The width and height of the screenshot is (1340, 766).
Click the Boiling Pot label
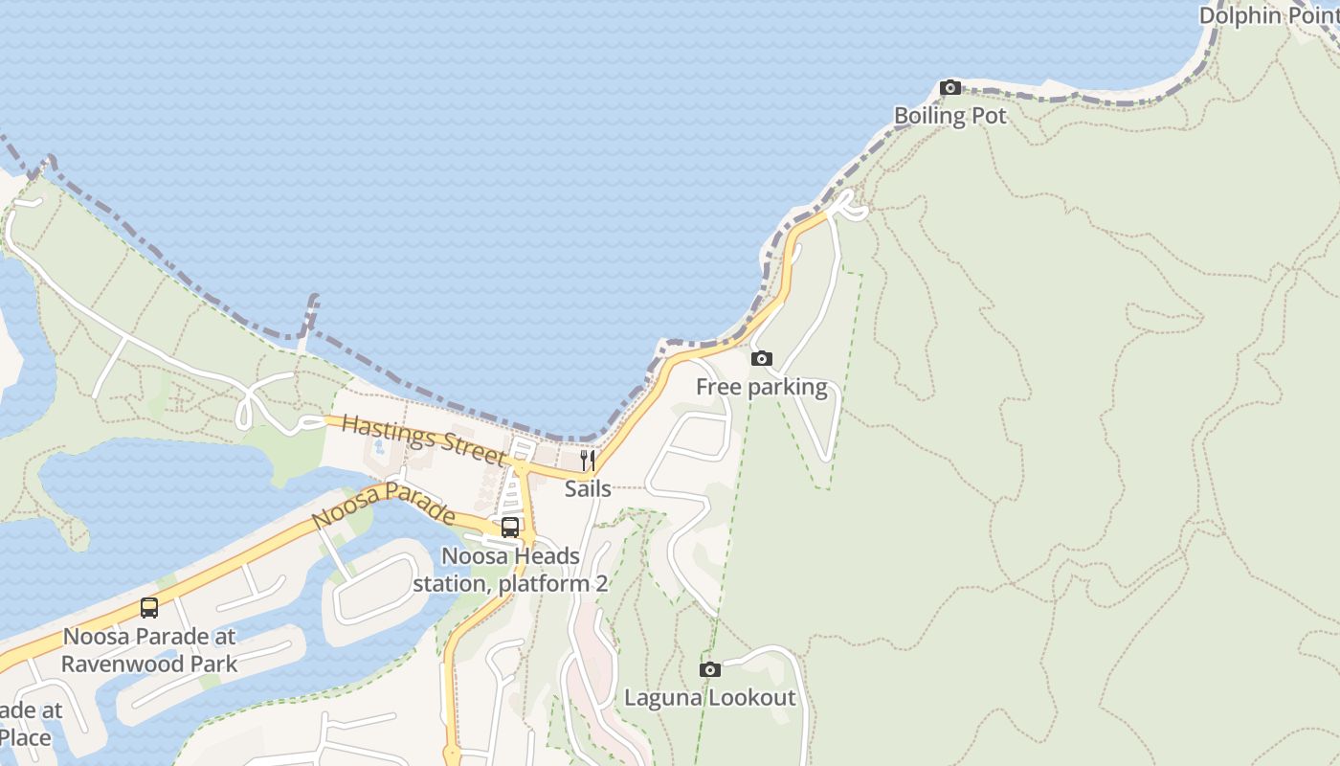point(949,116)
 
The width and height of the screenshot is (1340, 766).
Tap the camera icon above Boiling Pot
point(950,88)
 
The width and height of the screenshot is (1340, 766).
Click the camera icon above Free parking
point(762,359)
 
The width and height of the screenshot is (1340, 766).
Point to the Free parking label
point(761,387)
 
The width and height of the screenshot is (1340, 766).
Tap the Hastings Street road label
point(423,439)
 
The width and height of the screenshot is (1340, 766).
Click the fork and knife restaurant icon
point(588,461)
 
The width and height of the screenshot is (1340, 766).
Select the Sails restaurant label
point(588,488)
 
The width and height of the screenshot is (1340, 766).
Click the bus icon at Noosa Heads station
point(510,528)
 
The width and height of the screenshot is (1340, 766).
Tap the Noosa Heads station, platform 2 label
point(510,570)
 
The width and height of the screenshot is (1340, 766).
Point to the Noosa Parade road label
point(384,505)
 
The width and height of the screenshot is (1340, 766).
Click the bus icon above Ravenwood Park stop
point(149,608)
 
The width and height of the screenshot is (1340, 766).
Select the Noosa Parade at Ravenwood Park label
point(149,649)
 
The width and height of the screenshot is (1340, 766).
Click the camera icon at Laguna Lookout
point(709,670)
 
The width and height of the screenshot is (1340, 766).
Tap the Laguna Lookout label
point(709,697)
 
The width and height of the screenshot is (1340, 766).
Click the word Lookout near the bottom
point(752,697)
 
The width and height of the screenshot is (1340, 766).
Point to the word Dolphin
point(1238,15)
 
